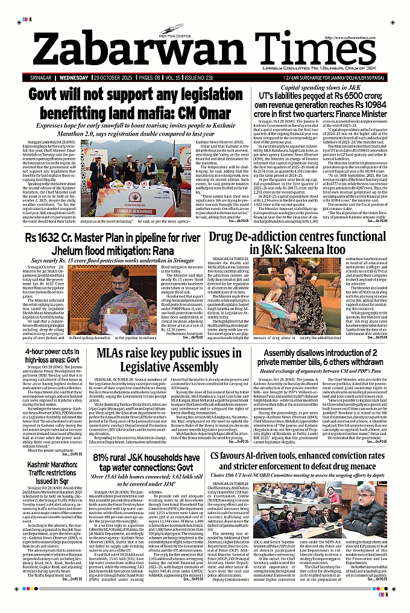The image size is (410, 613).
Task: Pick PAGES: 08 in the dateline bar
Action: pos(151,79)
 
